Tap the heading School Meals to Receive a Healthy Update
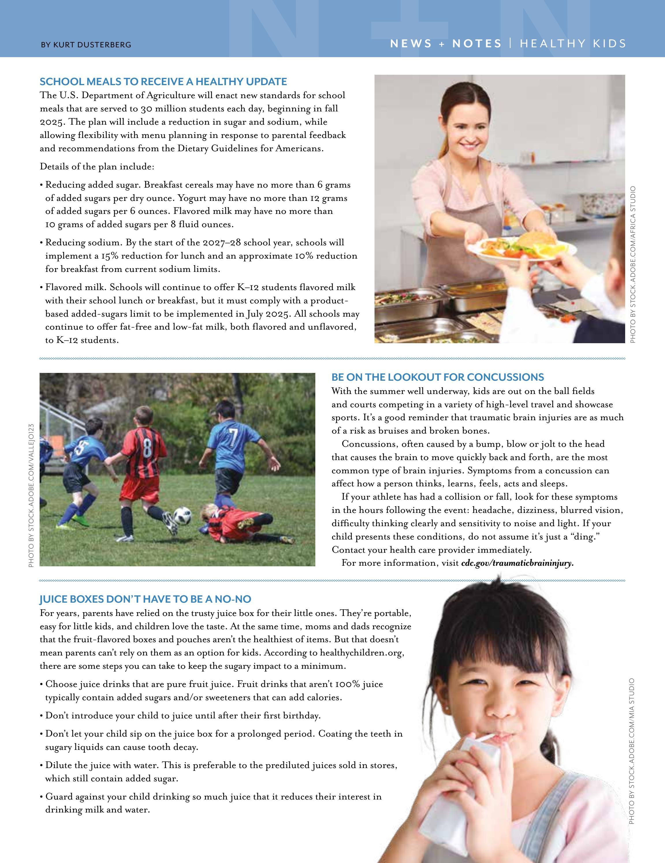[163, 82]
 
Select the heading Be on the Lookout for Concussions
[438, 377]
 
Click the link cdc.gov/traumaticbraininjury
[517, 563]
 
